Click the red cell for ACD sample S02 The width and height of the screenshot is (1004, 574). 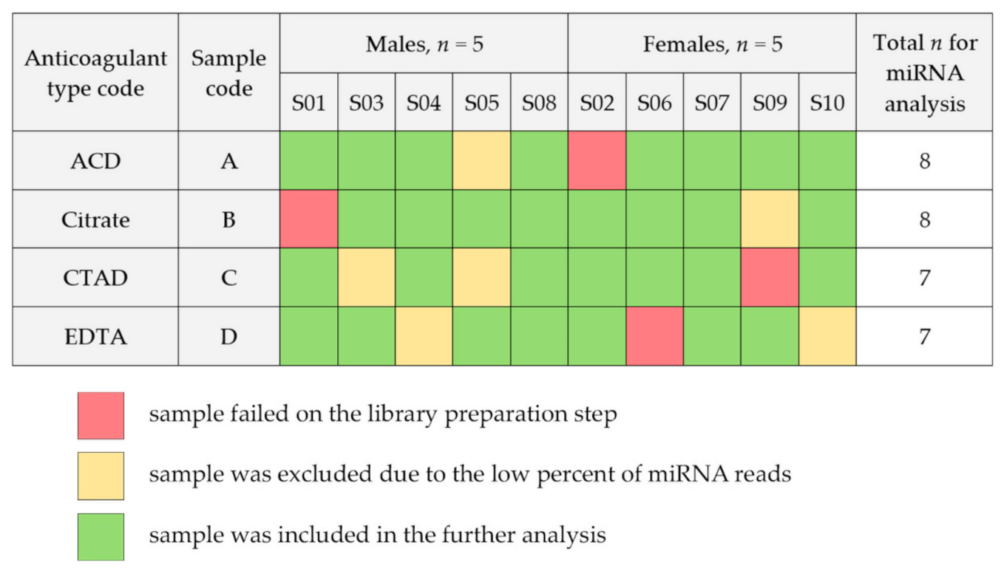point(597,160)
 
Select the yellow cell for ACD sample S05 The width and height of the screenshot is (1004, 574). point(481,160)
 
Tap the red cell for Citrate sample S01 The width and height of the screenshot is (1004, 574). point(309,219)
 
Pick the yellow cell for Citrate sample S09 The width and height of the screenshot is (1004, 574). point(769,219)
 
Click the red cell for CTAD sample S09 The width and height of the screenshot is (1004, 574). point(769,277)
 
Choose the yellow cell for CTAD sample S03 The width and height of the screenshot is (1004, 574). point(366,277)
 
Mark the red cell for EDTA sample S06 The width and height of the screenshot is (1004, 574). point(654,336)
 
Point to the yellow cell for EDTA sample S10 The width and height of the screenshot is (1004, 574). point(827,336)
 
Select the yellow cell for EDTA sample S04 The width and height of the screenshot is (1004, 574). point(424,336)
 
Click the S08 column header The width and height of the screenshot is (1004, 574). point(539,103)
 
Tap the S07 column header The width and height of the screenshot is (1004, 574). point(711,103)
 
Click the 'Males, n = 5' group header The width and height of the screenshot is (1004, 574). point(424,44)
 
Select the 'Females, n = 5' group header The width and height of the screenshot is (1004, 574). point(712,44)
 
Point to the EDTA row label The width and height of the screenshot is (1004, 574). point(95,337)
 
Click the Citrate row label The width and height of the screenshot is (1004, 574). point(95,219)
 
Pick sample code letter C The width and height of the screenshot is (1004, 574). point(229,278)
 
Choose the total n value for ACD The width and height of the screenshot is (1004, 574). point(924,161)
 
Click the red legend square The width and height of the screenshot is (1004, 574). point(101,416)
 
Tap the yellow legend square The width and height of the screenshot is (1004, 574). point(101,476)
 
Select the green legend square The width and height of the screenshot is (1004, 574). point(101,536)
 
